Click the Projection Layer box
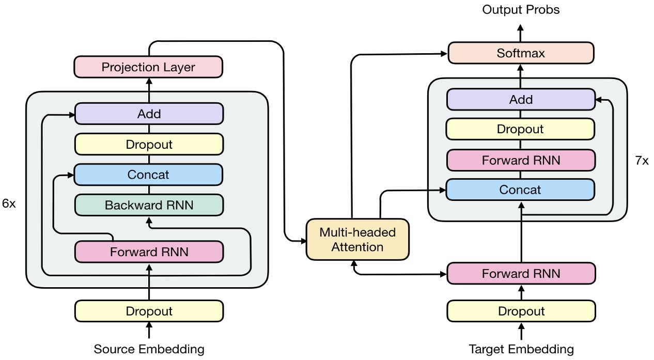(x=149, y=67)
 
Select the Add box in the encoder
(x=149, y=114)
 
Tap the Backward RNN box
(x=149, y=205)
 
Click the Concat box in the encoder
(x=149, y=175)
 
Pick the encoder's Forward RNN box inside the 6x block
(x=149, y=252)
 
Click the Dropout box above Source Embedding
(x=149, y=311)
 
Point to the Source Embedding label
(x=149, y=349)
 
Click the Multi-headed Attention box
(x=357, y=239)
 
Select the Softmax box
(x=521, y=53)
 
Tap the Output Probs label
(x=521, y=9)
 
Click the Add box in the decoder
(x=521, y=99)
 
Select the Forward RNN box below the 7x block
(x=521, y=274)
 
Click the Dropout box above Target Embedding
(x=521, y=311)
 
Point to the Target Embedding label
(x=521, y=349)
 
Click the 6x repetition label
(x=9, y=204)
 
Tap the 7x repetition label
(x=641, y=161)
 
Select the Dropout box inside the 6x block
(x=149, y=144)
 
